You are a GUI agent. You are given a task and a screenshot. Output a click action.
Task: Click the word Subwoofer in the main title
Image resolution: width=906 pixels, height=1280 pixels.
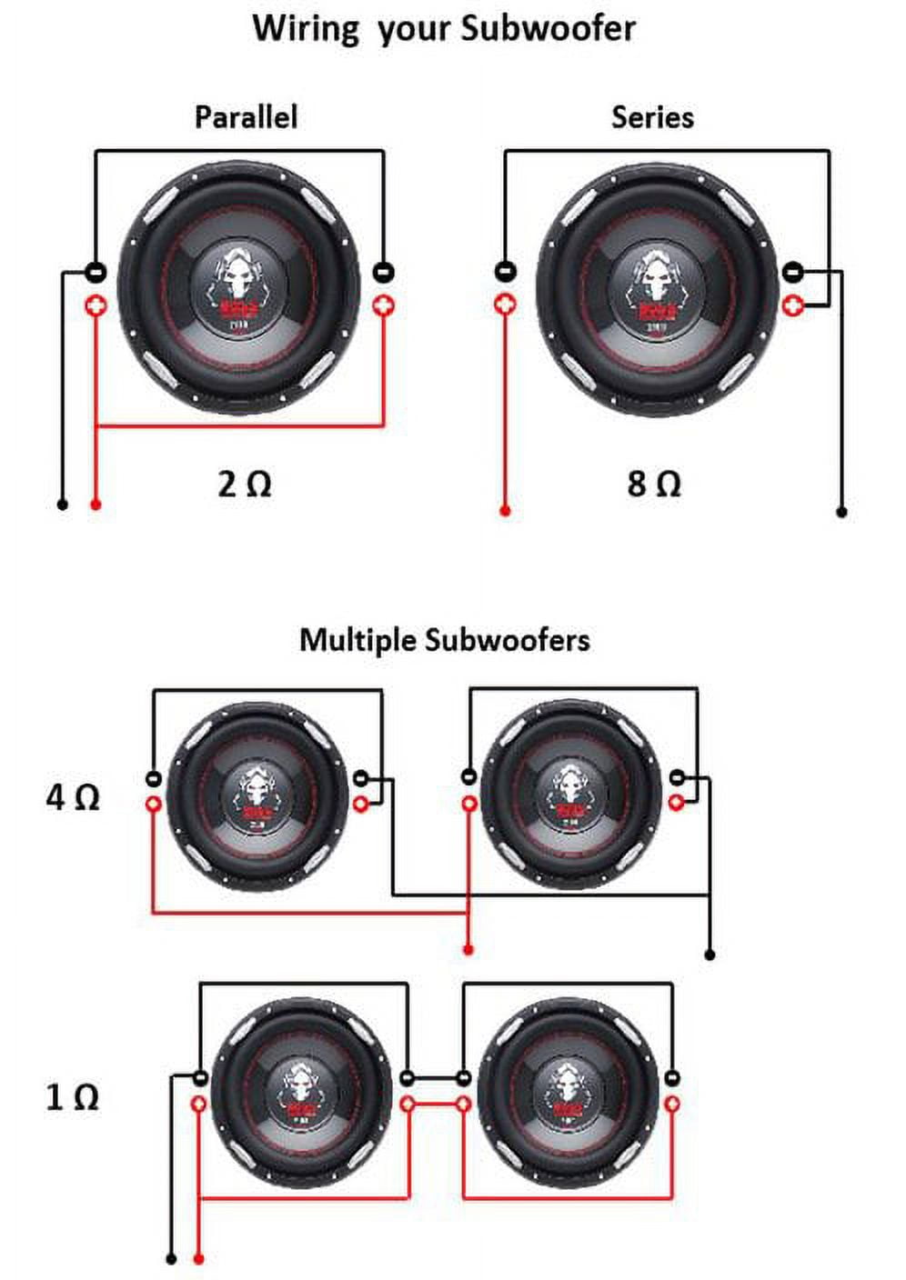point(547,27)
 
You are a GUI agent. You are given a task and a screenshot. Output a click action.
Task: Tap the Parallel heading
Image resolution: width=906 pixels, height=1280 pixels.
point(246,117)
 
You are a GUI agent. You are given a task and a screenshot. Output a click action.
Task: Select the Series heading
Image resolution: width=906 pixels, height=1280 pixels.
point(652,117)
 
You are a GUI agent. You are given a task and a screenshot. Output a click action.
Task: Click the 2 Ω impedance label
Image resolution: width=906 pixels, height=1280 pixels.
point(245,483)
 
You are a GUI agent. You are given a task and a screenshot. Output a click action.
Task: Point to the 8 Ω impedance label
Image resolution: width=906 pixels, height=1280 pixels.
point(654,483)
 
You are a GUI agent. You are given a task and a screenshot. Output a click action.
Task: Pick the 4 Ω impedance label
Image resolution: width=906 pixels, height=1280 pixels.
point(73,797)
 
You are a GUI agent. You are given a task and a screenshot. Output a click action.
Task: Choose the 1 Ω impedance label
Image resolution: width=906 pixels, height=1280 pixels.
point(73,1096)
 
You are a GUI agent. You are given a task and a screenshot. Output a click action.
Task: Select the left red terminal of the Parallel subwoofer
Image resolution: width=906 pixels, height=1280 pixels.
point(96,305)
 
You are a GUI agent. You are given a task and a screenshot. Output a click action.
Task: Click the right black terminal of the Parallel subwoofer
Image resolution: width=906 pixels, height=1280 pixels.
point(384,272)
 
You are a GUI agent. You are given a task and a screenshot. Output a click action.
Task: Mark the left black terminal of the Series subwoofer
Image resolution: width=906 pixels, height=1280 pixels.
point(506,271)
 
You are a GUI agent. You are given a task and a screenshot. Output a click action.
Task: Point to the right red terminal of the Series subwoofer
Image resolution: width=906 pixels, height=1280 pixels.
point(793,304)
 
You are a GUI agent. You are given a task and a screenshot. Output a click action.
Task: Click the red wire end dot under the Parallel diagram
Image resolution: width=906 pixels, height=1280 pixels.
point(96,505)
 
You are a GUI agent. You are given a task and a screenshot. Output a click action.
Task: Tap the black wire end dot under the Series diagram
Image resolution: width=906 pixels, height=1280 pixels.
point(841,512)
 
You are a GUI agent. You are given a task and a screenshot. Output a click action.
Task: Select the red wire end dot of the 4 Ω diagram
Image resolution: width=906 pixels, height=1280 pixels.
point(468,950)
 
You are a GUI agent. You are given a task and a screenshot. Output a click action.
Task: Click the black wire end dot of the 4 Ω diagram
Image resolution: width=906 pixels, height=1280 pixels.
point(710,955)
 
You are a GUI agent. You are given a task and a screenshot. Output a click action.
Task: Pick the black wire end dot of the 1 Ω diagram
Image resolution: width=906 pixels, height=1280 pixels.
point(171,1259)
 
